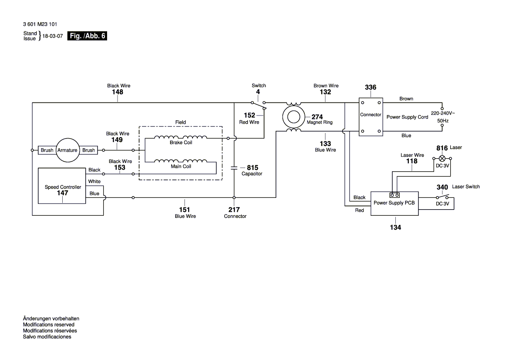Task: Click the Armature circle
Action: [67, 150]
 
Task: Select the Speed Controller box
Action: [62, 186]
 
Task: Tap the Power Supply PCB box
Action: [394, 203]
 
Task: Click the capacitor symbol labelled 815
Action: [234, 167]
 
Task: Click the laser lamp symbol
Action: [442, 158]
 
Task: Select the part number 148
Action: [118, 92]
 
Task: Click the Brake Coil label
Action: [181, 143]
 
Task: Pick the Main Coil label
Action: [181, 166]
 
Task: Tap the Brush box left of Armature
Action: [47, 150]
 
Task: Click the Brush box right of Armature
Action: [88, 150]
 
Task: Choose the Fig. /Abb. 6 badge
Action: [87, 36]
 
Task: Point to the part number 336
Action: [371, 88]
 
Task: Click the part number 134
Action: [395, 227]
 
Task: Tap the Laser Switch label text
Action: [466, 187]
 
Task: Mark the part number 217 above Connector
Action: [234, 210]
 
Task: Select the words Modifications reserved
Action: [48, 325]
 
